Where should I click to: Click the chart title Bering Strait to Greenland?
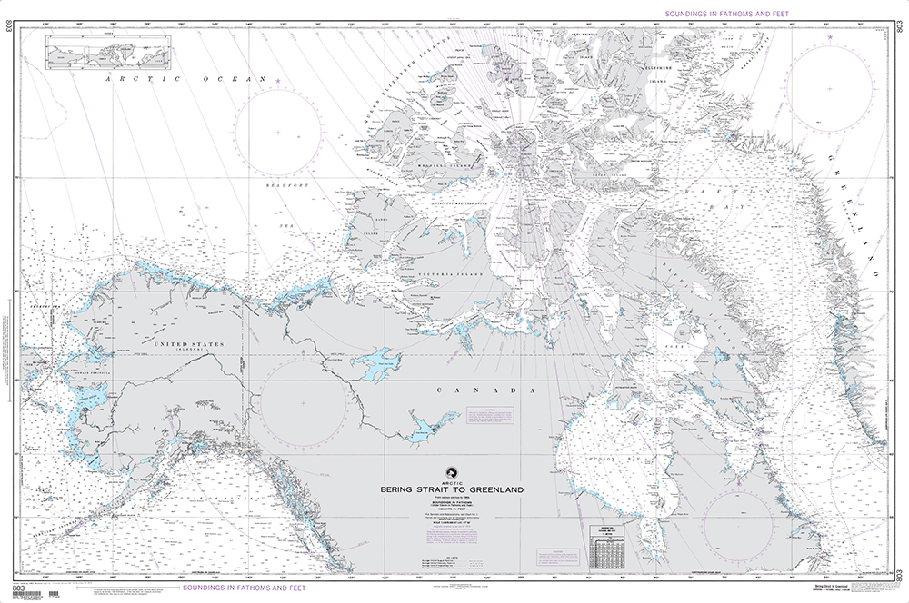click(x=453, y=490)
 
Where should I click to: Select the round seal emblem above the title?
click(x=453, y=472)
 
